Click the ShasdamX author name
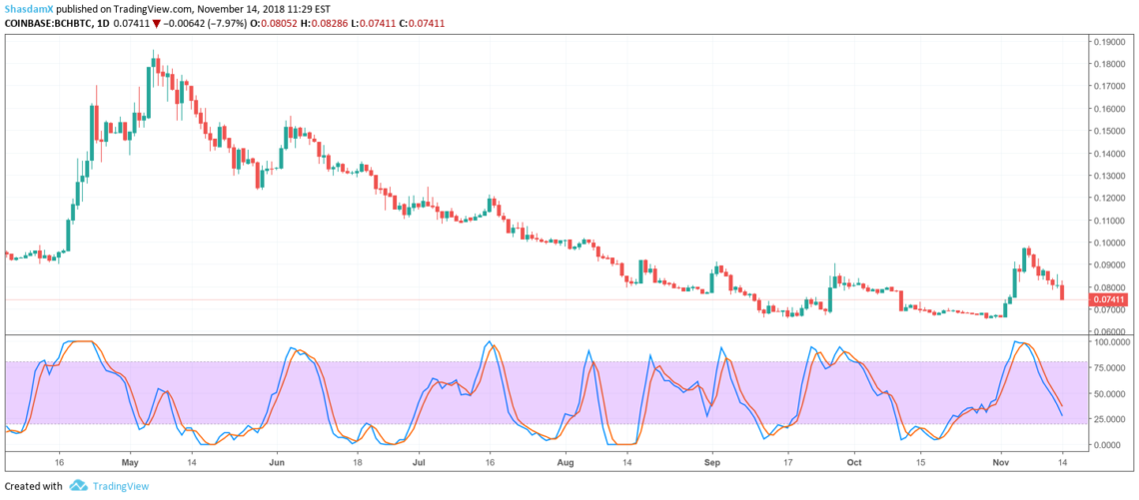tap(28, 8)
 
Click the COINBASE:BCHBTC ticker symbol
tap(48, 22)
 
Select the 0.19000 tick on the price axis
tap(1112, 42)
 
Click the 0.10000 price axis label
tap(1112, 243)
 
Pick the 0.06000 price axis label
tap(1112, 331)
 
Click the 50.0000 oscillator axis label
tap(1112, 393)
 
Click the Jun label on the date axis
tap(277, 464)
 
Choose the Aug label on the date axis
tap(566, 464)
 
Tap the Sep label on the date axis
tap(711, 464)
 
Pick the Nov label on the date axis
tap(1006, 464)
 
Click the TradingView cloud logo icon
tap(77, 486)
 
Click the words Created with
tap(34, 486)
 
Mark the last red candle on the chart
tap(1062, 291)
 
